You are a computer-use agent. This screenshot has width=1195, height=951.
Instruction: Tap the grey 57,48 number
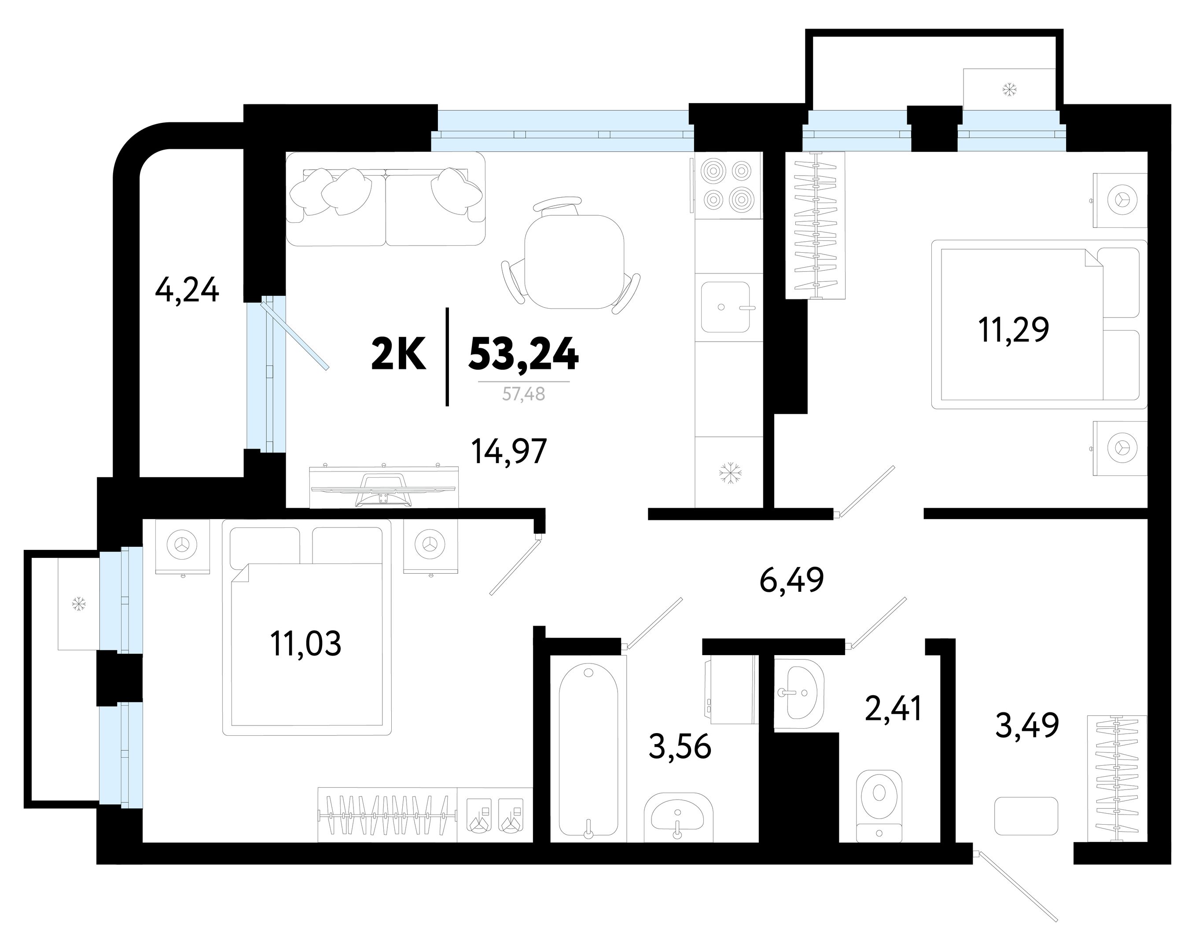[x=524, y=394]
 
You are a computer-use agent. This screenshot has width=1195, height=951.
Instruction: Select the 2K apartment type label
[x=398, y=354]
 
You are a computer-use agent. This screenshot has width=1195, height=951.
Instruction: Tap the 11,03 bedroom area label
[x=305, y=643]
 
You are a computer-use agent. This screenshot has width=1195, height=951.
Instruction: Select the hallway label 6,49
[x=791, y=580]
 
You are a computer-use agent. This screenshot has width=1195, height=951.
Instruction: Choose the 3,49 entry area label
[x=1027, y=725]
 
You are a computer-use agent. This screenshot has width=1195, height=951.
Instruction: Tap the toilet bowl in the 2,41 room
[x=879, y=806]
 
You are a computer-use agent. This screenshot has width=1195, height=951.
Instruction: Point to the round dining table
[x=574, y=262]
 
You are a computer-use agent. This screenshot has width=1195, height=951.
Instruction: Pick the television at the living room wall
[x=383, y=487]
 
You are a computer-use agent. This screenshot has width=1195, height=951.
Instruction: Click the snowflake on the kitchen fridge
[x=730, y=472]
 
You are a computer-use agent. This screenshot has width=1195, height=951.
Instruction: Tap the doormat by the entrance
[x=1026, y=816]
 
